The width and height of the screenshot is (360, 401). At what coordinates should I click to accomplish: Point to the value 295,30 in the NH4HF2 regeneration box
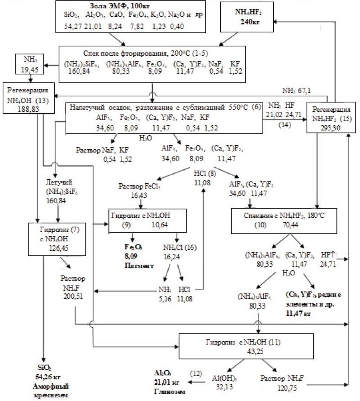326,128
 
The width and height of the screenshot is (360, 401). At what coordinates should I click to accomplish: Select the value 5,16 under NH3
164,299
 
